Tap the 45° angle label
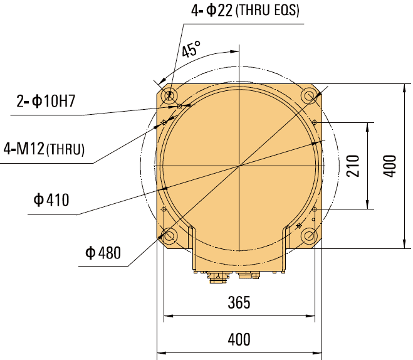point(192,50)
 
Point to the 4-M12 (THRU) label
point(44,149)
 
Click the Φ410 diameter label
point(51,200)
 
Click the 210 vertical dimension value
point(353,166)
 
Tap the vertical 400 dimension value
point(390,166)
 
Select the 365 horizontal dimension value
point(238,303)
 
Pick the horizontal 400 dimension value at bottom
point(238,340)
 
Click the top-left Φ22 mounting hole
point(169,96)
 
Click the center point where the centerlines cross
point(239,166)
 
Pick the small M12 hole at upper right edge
point(315,122)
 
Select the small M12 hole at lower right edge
point(315,209)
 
